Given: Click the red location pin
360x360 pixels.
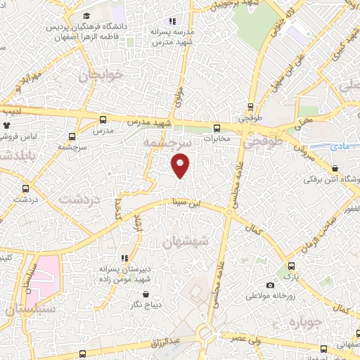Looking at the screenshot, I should click(x=181, y=166).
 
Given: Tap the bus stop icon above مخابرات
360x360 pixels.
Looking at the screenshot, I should click(x=217, y=128).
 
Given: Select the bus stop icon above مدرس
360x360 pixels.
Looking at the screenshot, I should click(x=103, y=120).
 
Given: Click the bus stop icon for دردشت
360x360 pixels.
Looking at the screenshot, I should click(x=26, y=188).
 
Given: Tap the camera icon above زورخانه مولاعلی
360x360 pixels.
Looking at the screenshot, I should click(x=271, y=285).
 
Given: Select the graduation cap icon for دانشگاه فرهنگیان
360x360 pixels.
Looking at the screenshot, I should click(x=86, y=15).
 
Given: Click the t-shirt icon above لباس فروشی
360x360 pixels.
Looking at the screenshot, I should click(x=8, y=126).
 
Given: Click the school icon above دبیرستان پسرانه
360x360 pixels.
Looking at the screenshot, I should click(x=124, y=258).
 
